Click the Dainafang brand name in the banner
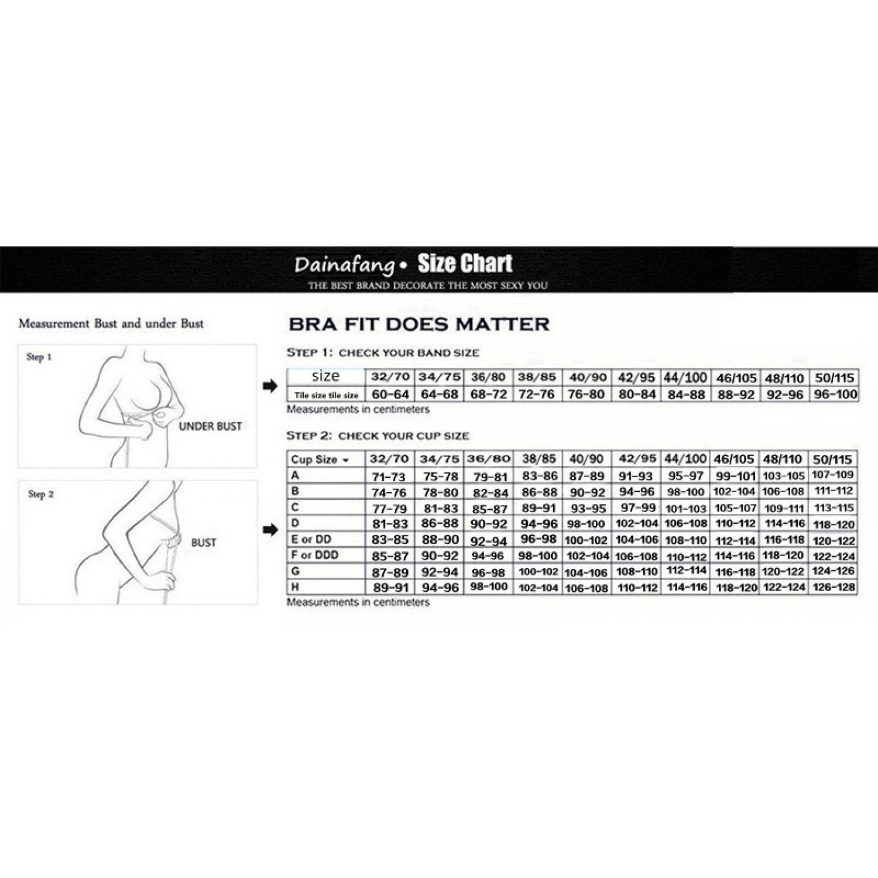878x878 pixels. tap(345, 265)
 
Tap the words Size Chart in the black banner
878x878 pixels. tap(465, 264)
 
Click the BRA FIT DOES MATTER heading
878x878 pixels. tap(419, 324)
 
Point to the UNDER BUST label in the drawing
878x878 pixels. tap(210, 426)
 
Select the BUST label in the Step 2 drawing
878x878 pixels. tap(204, 543)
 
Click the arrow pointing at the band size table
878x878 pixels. tap(270, 386)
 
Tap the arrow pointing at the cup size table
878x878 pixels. tap(270, 530)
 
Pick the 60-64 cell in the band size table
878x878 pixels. tap(390, 395)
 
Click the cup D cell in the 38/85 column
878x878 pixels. tap(538, 524)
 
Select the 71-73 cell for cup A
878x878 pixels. tap(389, 476)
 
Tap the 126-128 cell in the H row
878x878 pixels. tap(834, 587)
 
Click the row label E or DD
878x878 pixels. tap(311, 539)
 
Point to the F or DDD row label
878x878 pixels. tap(315, 555)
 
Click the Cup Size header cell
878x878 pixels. tap(320, 459)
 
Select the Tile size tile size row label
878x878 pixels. tap(326, 395)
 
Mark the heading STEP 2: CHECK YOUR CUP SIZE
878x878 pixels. tap(378, 435)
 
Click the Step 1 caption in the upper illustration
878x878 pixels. tap(39, 356)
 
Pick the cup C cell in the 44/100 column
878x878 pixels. tap(686, 508)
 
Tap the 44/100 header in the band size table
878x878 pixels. tap(685, 378)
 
